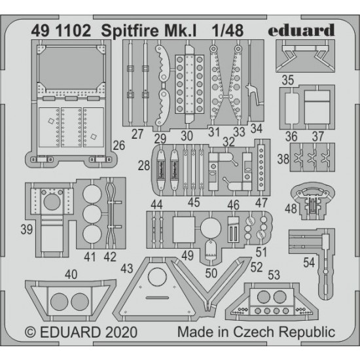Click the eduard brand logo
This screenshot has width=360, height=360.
click(301, 30)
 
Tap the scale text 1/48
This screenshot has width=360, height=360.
click(228, 31)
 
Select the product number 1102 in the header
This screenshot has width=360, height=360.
click(73, 31)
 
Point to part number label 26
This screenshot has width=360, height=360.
click(118, 145)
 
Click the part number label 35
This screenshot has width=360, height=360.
click(288, 80)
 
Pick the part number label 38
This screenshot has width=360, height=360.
click(283, 159)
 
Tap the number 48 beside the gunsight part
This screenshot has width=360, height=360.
click(291, 209)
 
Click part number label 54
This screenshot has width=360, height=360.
click(309, 262)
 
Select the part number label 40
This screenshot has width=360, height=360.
click(71, 274)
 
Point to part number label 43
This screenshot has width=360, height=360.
click(127, 268)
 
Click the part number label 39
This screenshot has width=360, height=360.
click(27, 229)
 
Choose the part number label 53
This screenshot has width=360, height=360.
click(274, 275)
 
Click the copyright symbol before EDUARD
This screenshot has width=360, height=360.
click(30, 333)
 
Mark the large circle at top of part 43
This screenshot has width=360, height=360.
click(157, 277)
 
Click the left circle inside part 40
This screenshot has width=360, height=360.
click(59, 302)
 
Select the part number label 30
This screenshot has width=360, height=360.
click(187, 136)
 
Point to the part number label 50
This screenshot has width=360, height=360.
click(211, 273)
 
